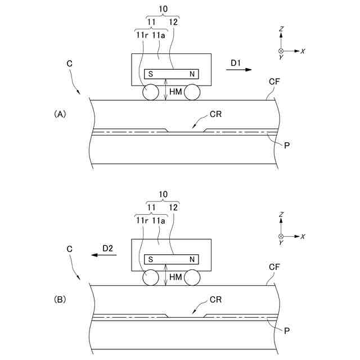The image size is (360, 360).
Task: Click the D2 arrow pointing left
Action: click(105, 255)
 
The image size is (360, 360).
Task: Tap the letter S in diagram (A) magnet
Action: click(151, 74)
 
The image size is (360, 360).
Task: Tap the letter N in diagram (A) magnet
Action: click(192, 74)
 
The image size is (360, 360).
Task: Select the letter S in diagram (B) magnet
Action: click(151, 259)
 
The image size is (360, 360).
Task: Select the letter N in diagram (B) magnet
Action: click(192, 259)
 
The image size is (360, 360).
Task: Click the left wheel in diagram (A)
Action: click(150, 93)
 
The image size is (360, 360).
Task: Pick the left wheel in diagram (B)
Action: click(150, 278)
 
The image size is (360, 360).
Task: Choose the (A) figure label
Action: click(60, 114)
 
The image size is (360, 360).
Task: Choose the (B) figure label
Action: click(60, 299)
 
